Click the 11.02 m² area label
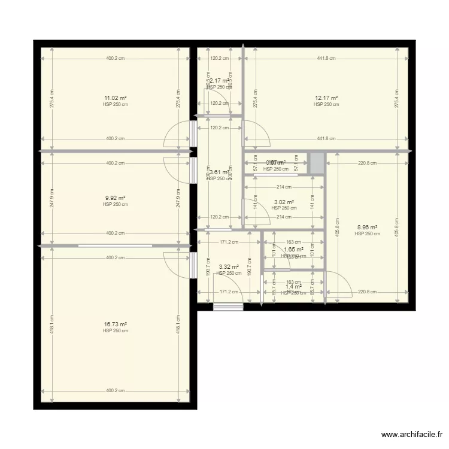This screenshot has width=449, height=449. [x=116, y=98]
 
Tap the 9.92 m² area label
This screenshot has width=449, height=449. [x=116, y=198]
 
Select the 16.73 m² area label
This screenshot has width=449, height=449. [x=116, y=324]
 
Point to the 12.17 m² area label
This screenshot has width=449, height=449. [x=326, y=98]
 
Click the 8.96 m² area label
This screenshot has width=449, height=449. [x=367, y=227]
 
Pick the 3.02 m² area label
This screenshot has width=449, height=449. [x=283, y=202]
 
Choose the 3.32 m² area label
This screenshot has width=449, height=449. [x=229, y=267]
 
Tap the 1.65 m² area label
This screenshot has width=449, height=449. [x=293, y=250]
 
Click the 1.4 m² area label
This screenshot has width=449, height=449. [x=293, y=287]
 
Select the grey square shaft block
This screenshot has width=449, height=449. [x=316, y=163]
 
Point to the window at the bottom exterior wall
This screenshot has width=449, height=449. [x=228, y=307]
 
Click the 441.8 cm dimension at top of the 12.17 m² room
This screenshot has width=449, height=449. [x=326, y=59]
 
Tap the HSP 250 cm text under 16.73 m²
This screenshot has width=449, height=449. [x=116, y=331]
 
